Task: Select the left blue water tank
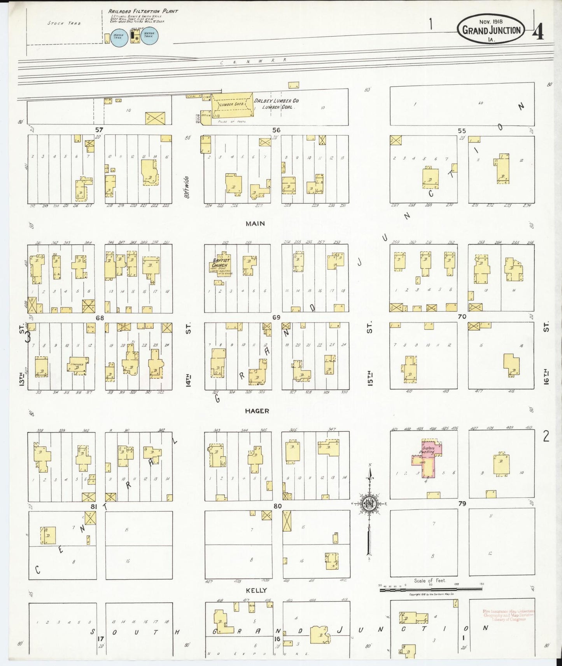coord(119,37)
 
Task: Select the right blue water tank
coord(149,36)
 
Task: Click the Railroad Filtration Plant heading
coord(143,11)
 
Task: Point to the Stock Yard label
coord(64,23)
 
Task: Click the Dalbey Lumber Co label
coord(276,101)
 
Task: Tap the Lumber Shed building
coord(232,104)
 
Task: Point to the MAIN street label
coord(255,223)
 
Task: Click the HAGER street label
coord(257,411)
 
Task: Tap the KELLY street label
coord(256,590)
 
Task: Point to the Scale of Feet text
coord(430,581)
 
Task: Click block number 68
coord(100,318)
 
